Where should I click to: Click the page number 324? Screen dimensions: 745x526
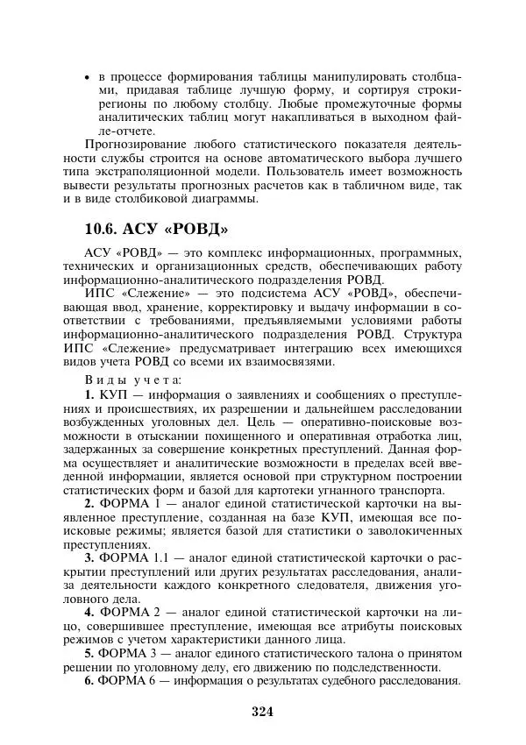tap(262, 712)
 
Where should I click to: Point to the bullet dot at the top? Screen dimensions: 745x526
tap(86, 77)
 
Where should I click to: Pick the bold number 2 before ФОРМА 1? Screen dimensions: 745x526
tap(89, 505)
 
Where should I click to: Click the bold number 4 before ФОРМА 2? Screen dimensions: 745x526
tap(89, 611)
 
